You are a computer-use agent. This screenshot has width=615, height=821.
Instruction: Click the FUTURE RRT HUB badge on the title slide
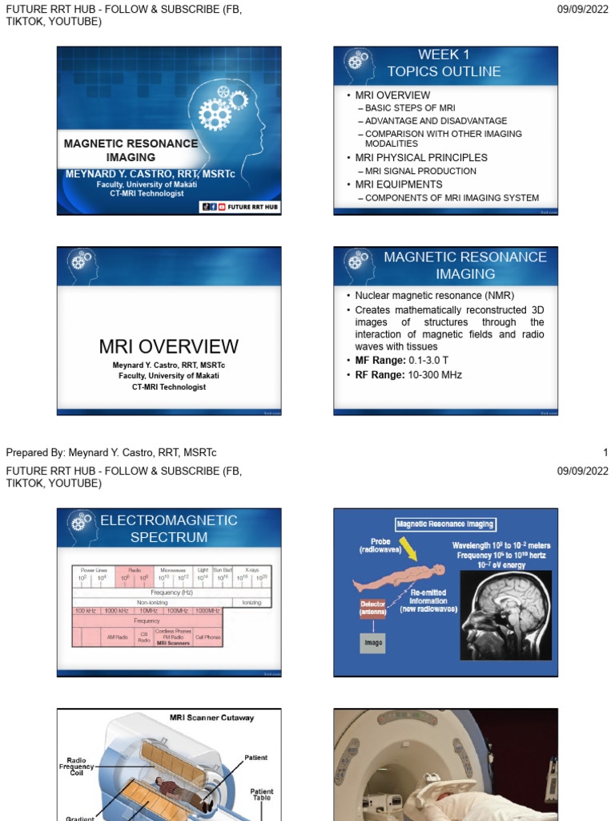pyautogui.click(x=239, y=207)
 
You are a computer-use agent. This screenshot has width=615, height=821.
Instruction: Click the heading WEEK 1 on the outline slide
pyautogui.click(x=444, y=55)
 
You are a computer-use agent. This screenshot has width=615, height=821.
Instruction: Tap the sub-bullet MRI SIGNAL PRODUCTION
pyautogui.click(x=420, y=172)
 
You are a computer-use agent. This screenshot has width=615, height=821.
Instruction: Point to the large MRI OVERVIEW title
pyautogui.click(x=168, y=346)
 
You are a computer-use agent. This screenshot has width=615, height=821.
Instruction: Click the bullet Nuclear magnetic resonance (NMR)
pyautogui.click(x=424, y=295)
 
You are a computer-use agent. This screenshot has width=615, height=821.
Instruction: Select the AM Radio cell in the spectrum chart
pyautogui.click(x=117, y=637)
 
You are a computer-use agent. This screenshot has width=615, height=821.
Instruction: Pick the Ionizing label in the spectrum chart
pyautogui.click(x=251, y=602)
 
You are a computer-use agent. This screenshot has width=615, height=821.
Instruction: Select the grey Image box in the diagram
pyautogui.click(x=372, y=642)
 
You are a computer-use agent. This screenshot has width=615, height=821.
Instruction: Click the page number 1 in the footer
pyautogui.click(x=605, y=453)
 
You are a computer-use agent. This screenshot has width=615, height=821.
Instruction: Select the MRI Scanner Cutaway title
pyautogui.click(x=211, y=718)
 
